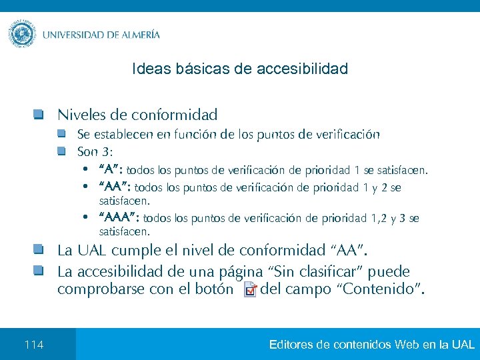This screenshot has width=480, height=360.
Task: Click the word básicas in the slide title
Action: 196,69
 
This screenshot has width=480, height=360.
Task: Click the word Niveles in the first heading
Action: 80,115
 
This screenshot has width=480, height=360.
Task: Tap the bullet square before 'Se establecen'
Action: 61,134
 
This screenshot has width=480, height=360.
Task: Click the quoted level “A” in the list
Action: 111,169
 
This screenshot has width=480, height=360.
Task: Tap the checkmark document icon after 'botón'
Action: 249,290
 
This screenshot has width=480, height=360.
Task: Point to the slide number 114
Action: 33,345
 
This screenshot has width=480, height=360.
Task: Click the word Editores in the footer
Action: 292,345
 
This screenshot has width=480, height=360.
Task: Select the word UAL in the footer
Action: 463,345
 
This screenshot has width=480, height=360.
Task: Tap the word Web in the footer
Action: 407,345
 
